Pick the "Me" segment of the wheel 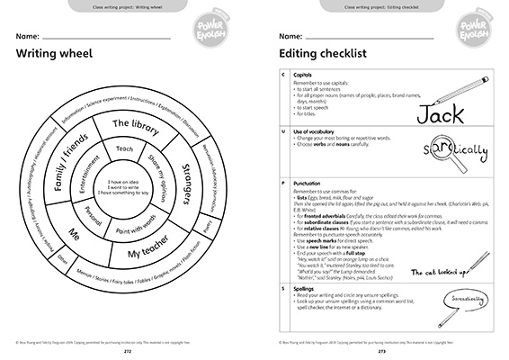click(x=75, y=232)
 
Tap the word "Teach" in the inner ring click(x=125, y=148)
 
